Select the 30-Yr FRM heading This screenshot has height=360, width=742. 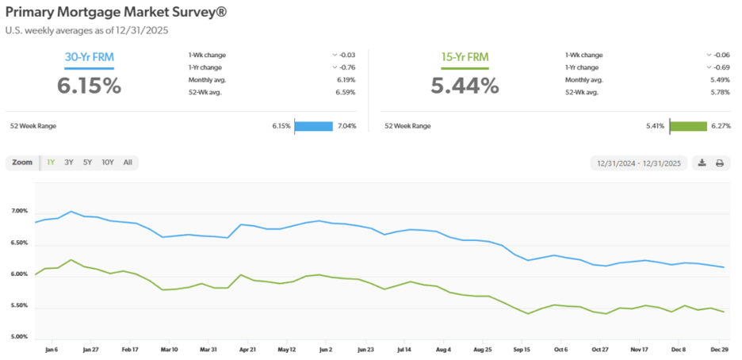(89, 57)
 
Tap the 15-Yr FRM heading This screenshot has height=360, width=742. (465, 57)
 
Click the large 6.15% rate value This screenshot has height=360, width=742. (89, 85)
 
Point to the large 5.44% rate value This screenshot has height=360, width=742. (465, 85)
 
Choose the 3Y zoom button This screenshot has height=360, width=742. (69, 163)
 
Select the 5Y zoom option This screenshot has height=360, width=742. (87, 163)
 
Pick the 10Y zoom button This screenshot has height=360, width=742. (108, 163)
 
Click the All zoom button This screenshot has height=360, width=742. (128, 163)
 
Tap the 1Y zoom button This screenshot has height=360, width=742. (51, 163)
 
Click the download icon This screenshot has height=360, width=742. (702, 163)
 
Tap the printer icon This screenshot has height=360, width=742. (720, 163)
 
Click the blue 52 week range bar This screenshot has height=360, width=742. (314, 125)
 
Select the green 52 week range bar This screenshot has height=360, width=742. (688, 125)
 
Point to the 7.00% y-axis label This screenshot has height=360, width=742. (20, 212)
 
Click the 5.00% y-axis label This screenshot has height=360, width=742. (20, 337)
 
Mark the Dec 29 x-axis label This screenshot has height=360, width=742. (719, 349)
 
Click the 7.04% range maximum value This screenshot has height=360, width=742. (346, 125)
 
